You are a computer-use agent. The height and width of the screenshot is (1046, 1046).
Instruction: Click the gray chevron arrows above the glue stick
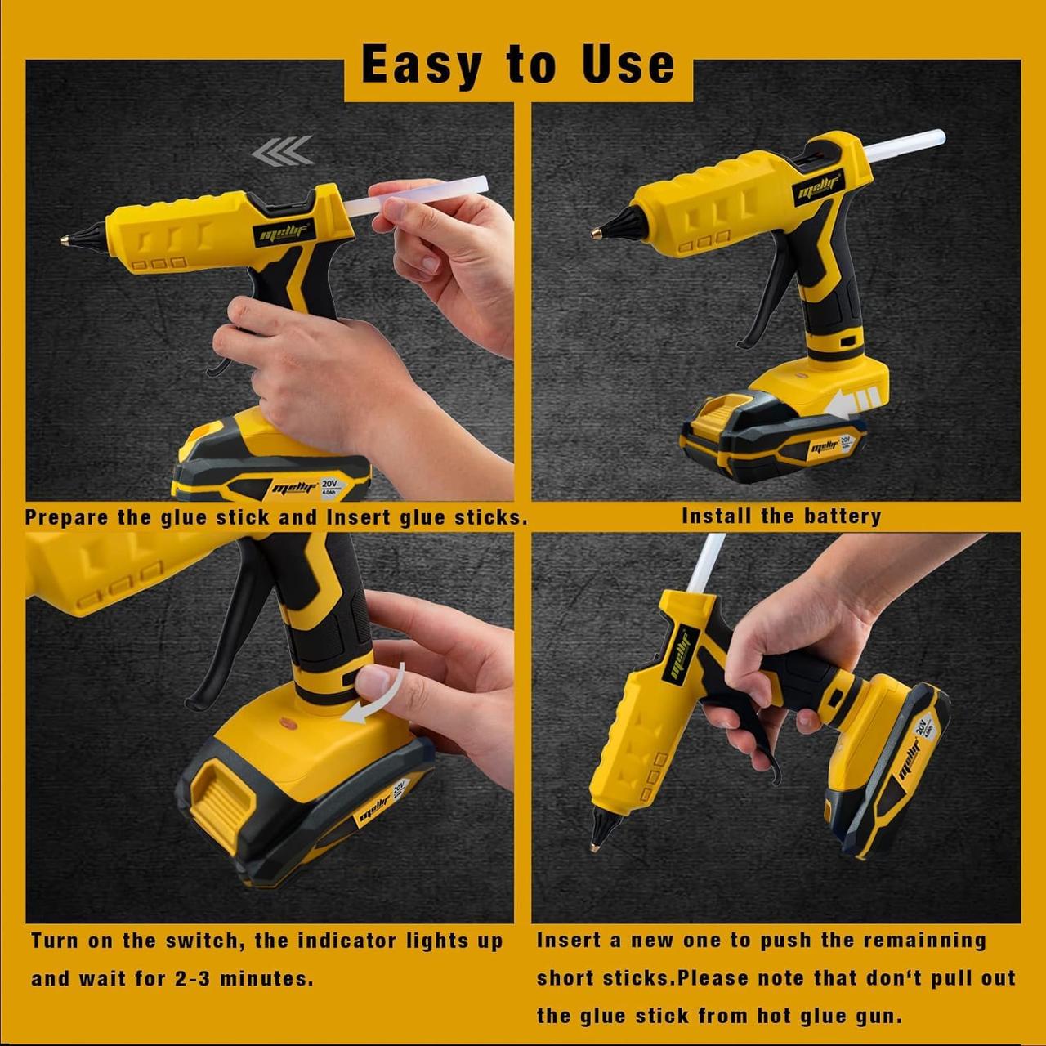(283, 150)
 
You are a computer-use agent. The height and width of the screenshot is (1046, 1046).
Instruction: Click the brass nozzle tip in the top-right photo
(596, 233)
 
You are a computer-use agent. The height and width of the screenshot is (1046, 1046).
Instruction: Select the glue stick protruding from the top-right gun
(905, 146)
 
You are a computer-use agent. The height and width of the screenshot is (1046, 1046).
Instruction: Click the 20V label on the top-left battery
(329, 483)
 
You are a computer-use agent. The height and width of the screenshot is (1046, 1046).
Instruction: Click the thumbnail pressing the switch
(371, 681)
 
